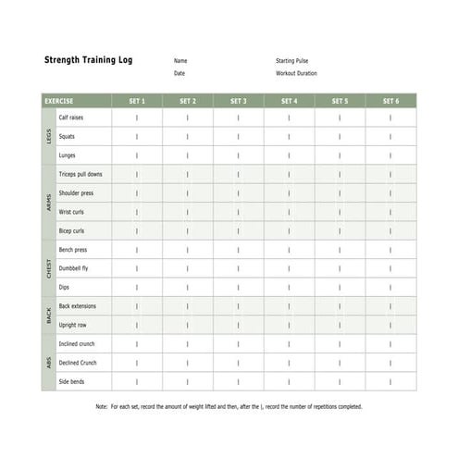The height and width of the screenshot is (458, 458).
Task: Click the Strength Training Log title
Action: click(x=89, y=60)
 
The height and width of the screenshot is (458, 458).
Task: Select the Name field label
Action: click(x=179, y=61)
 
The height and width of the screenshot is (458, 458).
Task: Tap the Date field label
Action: click(x=179, y=73)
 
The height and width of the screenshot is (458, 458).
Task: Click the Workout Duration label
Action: click(x=296, y=73)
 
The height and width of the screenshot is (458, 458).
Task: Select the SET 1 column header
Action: click(x=137, y=101)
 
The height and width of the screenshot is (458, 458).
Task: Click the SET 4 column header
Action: click(x=289, y=101)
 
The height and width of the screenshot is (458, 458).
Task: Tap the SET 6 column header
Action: click(x=390, y=101)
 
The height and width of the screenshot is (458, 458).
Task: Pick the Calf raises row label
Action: click(x=70, y=118)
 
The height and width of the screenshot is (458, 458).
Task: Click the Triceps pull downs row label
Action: click(x=80, y=174)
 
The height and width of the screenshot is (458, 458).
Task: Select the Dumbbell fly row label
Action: click(x=73, y=268)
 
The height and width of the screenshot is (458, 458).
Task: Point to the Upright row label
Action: click(x=72, y=325)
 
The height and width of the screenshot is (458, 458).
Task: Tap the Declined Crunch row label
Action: click(x=78, y=363)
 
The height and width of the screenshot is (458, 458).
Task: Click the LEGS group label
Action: click(x=49, y=136)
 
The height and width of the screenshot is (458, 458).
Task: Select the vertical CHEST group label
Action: click(x=49, y=268)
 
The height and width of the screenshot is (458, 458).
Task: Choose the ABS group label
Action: click(x=49, y=363)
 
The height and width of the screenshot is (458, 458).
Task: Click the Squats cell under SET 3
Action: click(x=238, y=136)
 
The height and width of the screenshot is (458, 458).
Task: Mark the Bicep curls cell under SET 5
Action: click(x=340, y=230)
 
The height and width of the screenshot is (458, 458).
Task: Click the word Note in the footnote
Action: click(x=102, y=406)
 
